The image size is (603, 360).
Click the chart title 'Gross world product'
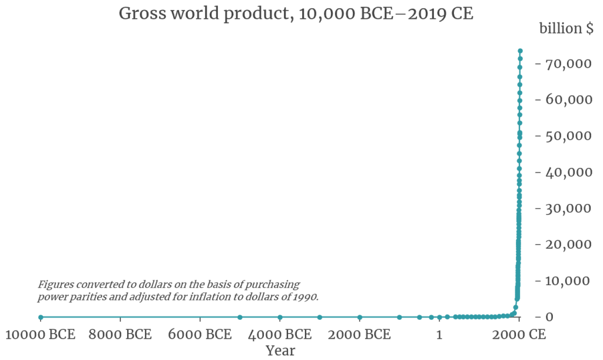[296, 14]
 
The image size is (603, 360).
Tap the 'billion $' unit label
[566, 29]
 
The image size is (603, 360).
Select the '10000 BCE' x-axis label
[41, 335]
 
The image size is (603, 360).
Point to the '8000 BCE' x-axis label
[120, 335]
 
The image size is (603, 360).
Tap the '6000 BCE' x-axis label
[200, 335]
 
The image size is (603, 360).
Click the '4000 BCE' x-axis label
[280, 335]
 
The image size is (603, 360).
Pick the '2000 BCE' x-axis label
[359, 335]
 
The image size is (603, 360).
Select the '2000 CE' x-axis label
[519, 335]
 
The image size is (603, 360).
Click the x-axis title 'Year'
[280, 351]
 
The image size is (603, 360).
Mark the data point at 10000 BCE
[41, 317]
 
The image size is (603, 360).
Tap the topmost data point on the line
[520, 51]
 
